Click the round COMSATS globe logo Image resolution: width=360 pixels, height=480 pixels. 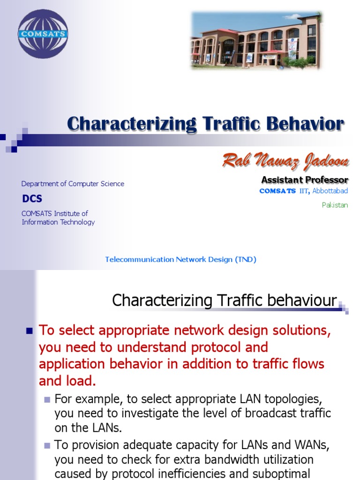coord(43,34)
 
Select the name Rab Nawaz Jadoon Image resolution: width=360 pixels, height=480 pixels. coord(285,161)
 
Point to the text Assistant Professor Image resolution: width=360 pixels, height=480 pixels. coord(304,180)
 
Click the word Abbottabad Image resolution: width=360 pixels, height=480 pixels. coord(330,191)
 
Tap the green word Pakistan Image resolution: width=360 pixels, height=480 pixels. coord(335,205)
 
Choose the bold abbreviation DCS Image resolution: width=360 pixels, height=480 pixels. coord(32,199)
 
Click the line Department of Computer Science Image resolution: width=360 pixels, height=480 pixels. coord(73,184)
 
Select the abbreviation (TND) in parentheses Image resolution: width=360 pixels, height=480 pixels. coord(245,259)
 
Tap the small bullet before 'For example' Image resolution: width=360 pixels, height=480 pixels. coord(47,400)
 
